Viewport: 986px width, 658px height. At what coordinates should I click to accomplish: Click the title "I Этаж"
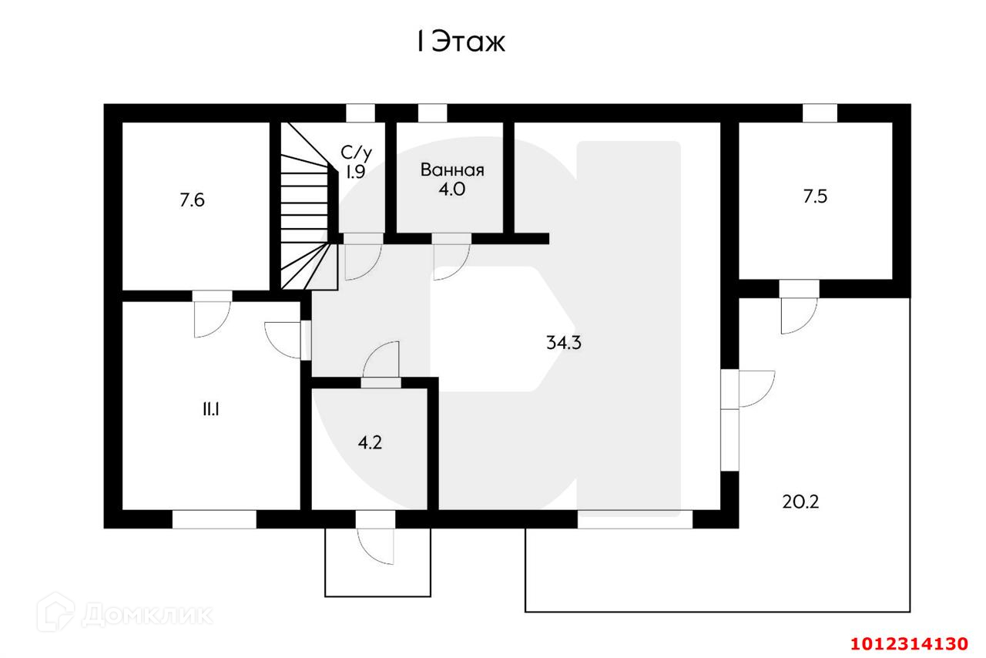(461, 42)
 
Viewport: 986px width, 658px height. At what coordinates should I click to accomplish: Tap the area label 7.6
(193, 201)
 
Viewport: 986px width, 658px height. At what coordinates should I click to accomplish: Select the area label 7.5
(815, 196)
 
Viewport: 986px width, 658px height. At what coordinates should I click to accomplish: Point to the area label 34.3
(563, 344)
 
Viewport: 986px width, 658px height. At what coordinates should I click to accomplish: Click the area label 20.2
(800, 502)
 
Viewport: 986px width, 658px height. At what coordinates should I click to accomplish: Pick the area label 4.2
(370, 442)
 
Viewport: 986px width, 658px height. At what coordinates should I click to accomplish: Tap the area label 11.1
(210, 410)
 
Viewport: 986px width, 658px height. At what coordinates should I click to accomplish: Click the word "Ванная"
(452, 170)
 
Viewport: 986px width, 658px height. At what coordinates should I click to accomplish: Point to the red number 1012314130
(908, 643)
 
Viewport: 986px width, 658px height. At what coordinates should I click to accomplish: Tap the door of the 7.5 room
(799, 307)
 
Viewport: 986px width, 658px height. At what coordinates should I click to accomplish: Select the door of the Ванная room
(451, 255)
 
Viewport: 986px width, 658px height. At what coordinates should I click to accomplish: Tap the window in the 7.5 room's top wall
(820, 113)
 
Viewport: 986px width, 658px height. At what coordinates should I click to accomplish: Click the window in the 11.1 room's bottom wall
(213, 519)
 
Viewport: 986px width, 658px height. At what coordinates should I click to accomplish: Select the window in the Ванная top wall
(432, 113)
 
